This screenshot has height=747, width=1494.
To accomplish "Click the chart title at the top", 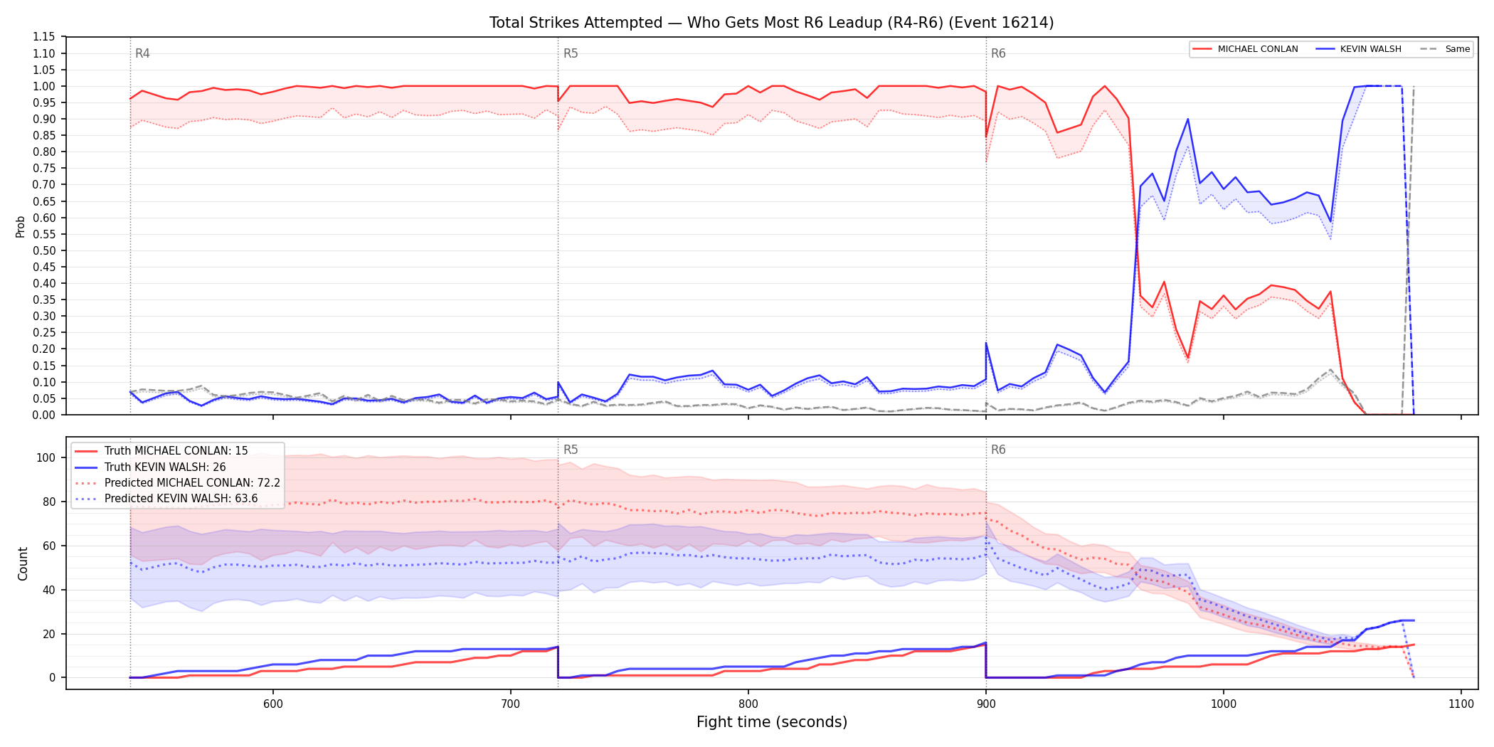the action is (x=771, y=23).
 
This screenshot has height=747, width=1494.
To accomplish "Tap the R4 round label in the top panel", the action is (x=142, y=53).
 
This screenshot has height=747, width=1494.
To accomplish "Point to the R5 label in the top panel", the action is (x=571, y=53).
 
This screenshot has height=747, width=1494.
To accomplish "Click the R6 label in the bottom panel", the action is (x=998, y=450).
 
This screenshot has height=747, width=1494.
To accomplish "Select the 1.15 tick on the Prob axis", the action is (x=44, y=37).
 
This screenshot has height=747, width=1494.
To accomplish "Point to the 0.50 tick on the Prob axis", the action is (x=44, y=250).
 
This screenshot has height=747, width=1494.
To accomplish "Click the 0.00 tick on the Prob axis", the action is (x=44, y=415).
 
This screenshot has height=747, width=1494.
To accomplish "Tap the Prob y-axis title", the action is (x=21, y=226).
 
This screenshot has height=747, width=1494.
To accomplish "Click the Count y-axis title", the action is (x=23, y=563).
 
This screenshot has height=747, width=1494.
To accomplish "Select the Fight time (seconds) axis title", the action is (x=772, y=722).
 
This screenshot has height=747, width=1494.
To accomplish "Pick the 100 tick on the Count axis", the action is (x=46, y=457).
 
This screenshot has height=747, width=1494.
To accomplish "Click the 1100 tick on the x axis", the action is (x=1461, y=704).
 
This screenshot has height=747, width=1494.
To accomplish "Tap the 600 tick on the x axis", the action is (x=272, y=704).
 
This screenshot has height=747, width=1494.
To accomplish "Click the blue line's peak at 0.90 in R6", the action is (x=1187, y=119).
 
